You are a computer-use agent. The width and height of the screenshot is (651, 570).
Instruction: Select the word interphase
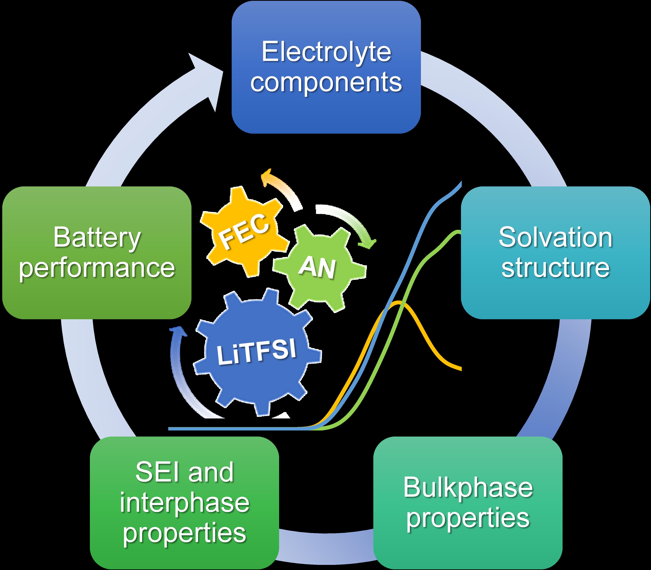185,503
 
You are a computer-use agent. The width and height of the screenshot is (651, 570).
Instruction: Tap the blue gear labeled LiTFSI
256,351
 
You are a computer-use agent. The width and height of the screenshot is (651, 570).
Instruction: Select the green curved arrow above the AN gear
350,223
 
